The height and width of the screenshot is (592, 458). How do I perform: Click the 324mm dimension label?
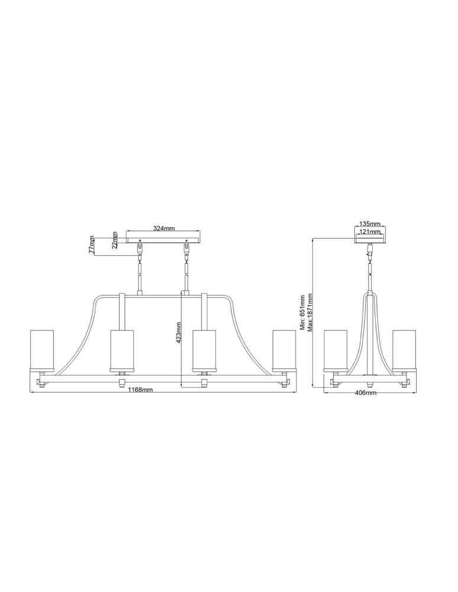coord(164,229)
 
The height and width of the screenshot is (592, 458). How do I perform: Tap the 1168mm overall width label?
coord(140,390)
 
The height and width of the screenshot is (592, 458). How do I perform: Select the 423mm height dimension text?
coord(179,332)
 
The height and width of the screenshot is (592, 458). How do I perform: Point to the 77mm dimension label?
coord(92,244)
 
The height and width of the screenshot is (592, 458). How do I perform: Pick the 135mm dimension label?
coord(370,224)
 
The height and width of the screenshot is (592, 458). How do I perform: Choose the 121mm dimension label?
coord(370,231)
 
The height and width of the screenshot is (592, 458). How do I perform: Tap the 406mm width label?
coord(366,392)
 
